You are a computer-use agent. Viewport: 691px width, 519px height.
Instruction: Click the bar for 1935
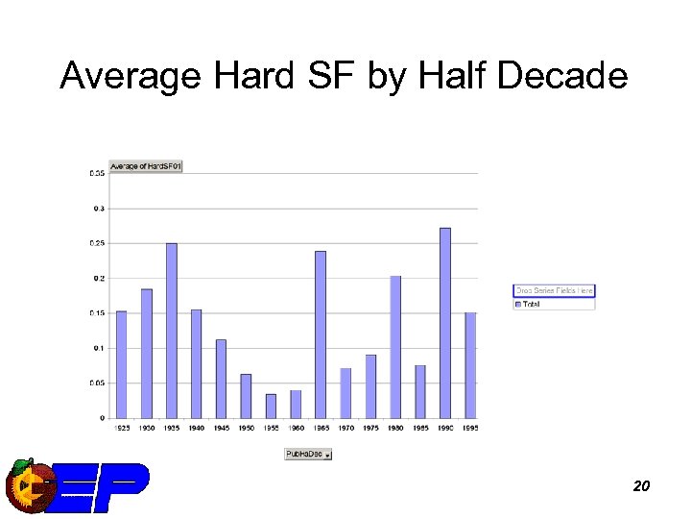tap(172, 331)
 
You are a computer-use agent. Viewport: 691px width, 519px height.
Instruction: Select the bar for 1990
tap(445, 323)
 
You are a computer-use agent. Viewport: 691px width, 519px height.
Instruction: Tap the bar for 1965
tap(321, 334)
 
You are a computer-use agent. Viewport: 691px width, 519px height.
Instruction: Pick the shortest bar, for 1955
tap(271, 406)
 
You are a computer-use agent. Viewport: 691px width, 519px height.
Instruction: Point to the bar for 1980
tap(395, 347)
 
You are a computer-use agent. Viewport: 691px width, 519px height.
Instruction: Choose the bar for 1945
tap(221, 379)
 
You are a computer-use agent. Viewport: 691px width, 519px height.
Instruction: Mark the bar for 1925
tap(122, 364)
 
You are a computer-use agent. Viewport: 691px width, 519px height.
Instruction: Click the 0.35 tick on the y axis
tap(97, 173)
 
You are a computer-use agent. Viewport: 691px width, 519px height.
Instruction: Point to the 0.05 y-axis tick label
tap(97, 383)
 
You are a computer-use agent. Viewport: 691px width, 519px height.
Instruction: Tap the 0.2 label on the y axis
tap(99, 278)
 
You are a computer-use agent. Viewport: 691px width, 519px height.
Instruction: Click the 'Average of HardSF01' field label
tap(146, 166)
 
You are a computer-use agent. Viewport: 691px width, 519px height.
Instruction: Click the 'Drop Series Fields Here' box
tap(554, 290)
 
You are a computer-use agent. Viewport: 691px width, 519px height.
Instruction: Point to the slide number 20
tap(641, 486)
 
